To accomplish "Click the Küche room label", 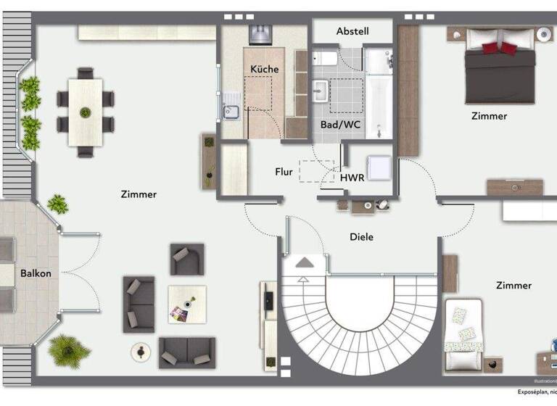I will pyautogui.click(x=265, y=69).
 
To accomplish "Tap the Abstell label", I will pyautogui.click(x=352, y=31).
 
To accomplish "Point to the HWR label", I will pyautogui.click(x=352, y=176).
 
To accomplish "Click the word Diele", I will pyautogui.click(x=361, y=236).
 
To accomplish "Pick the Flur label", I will pyautogui.click(x=284, y=173).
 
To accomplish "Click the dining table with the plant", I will pyautogui.click(x=86, y=112).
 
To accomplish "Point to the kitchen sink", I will pyautogui.click(x=231, y=111).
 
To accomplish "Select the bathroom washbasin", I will pyautogui.click(x=320, y=90).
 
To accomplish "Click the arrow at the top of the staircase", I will pyautogui.click(x=305, y=262).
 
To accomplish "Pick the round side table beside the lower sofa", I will pyautogui.click(x=139, y=352).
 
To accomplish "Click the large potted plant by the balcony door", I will pyautogui.click(x=70, y=351).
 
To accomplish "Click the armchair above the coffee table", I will pyautogui.click(x=186, y=259).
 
